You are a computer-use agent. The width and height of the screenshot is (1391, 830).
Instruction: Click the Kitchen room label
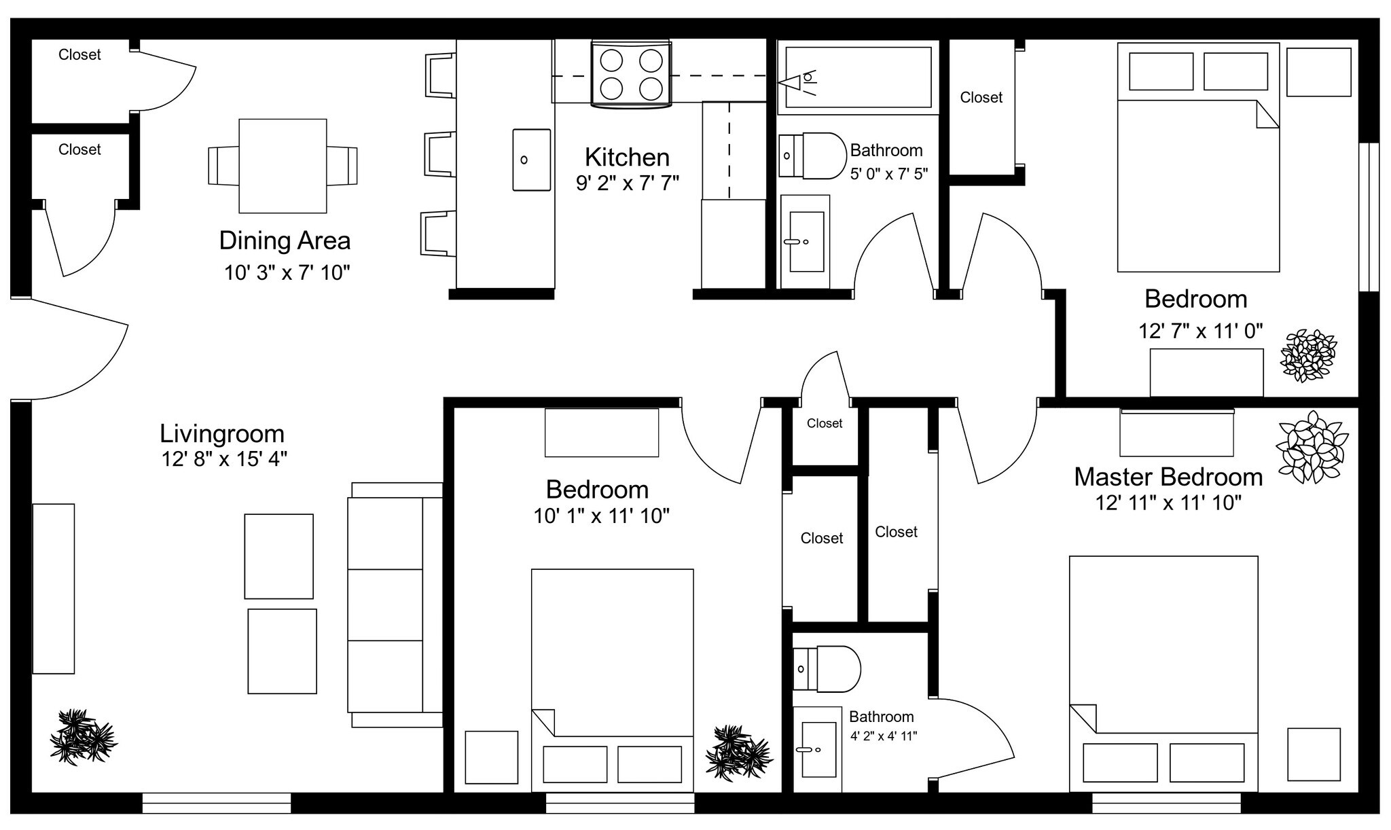[627, 158]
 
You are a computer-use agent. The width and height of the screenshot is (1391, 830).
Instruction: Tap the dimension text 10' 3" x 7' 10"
[287, 273]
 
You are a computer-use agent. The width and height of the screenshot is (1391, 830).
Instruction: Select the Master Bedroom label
[1168, 477]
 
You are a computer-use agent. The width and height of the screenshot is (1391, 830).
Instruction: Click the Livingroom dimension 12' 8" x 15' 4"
[224, 460]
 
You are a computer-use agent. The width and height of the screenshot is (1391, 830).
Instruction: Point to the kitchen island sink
[531, 160]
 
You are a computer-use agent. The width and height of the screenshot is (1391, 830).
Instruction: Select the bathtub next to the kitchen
[858, 77]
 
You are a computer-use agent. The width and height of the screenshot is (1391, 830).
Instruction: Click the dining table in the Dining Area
[283, 166]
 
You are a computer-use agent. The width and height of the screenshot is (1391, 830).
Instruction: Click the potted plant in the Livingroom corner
[83, 737]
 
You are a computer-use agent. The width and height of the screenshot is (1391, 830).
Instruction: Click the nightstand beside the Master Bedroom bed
[1314, 754]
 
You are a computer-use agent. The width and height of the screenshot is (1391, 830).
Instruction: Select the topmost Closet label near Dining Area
[79, 55]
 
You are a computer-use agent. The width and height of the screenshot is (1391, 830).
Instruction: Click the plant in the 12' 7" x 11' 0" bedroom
[1307, 355]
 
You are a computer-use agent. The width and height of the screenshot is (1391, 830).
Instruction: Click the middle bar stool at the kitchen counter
[439, 155]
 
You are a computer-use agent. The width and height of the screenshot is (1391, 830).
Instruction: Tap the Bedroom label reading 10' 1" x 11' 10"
[597, 490]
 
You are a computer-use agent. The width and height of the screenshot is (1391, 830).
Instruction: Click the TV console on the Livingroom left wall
[54, 588]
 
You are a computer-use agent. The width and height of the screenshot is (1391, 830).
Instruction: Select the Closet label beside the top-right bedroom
[981, 98]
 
